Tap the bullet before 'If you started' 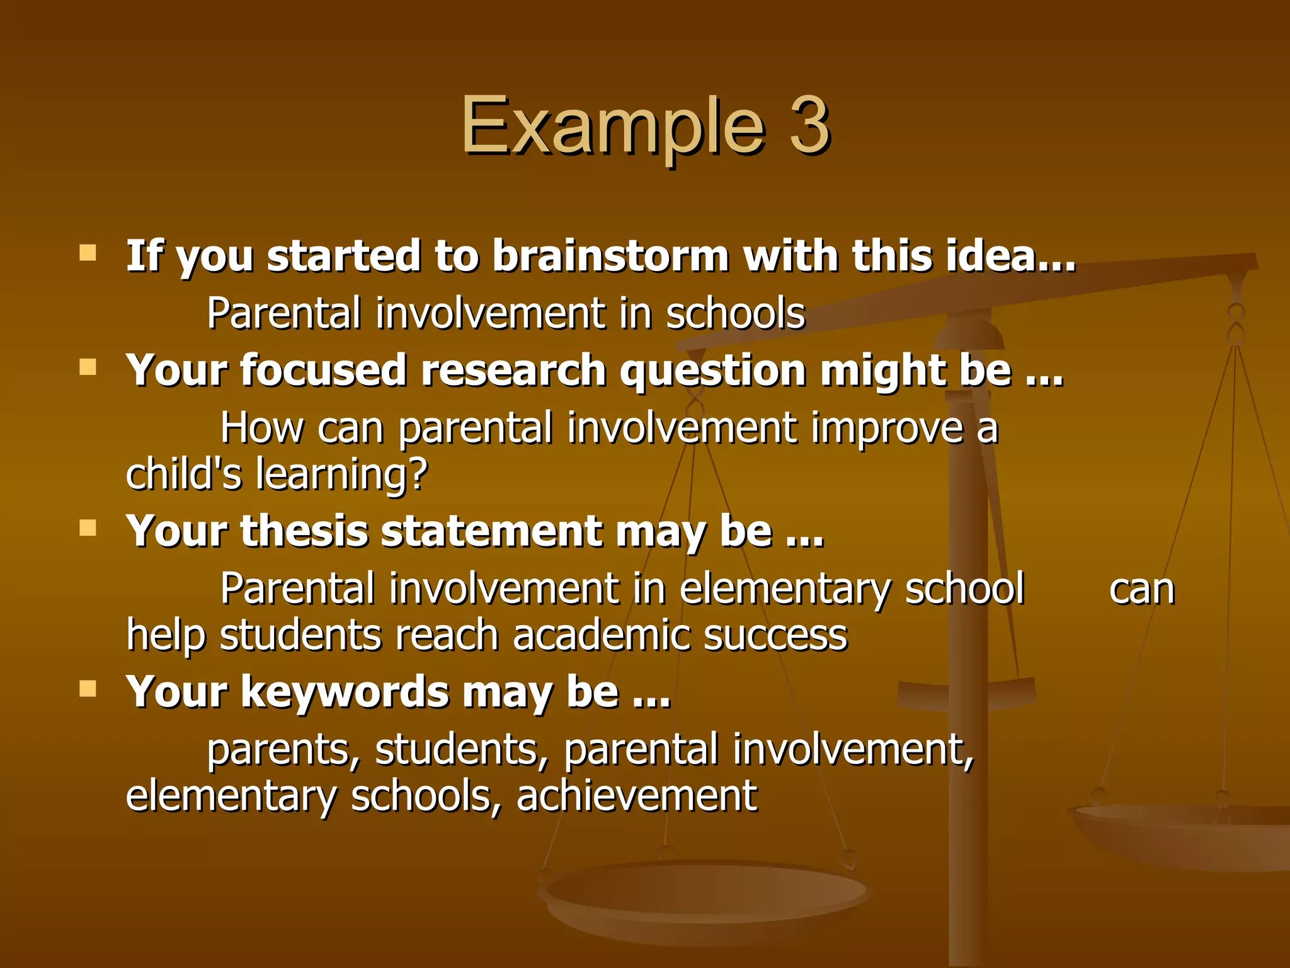[88, 253]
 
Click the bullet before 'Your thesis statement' [88, 527]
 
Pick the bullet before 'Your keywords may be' [88, 688]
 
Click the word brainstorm [610, 256]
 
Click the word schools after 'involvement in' [735, 313]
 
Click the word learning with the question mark [342, 475]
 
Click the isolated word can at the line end [1141, 590]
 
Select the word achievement [636, 795]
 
